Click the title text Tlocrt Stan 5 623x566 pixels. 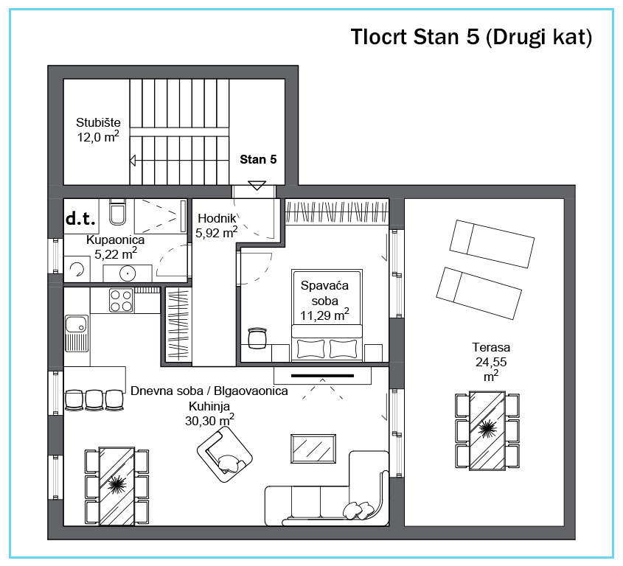[415, 37]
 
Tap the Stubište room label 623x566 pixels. [98, 122]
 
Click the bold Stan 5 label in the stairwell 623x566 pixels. [258, 159]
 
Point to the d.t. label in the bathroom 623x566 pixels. [80, 218]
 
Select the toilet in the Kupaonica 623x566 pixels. [117, 212]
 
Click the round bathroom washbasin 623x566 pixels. [128, 273]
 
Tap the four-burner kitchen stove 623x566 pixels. [121, 301]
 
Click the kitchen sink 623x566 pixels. [76, 333]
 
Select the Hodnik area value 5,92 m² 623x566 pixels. [217, 233]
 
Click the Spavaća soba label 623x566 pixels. [324, 293]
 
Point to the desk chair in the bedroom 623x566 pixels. [257, 338]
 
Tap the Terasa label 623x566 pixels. [491, 347]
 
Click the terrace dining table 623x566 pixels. [487, 430]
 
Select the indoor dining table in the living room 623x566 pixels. [116, 486]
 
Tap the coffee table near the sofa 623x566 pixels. [313, 448]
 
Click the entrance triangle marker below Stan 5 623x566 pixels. [257, 185]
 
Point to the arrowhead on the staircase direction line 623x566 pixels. [133, 161]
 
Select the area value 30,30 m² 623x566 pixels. [209, 421]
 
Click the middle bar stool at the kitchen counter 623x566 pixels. [94, 399]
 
